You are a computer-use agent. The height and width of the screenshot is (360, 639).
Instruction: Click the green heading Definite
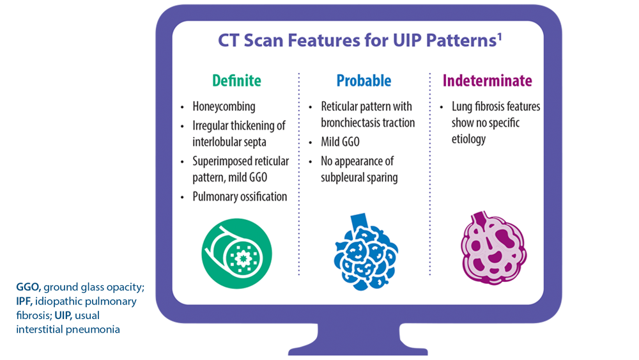[x=236, y=81]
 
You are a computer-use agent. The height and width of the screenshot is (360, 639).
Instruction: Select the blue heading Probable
[x=364, y=81]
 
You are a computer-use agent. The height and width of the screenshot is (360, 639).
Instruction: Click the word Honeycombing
[x=224, y=107]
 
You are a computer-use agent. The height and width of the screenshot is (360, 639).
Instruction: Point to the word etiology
[x=468, y=138]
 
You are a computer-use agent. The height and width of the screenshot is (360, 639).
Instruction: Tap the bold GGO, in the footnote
[x=29, y=287]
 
